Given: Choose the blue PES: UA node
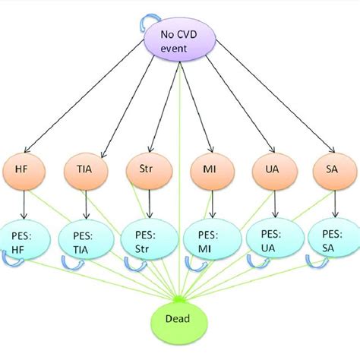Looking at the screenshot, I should (x=271, y=238).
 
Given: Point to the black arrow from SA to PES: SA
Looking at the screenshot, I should (x=333, y=203).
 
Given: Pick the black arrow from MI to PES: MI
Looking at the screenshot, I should (x=210, y=203).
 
